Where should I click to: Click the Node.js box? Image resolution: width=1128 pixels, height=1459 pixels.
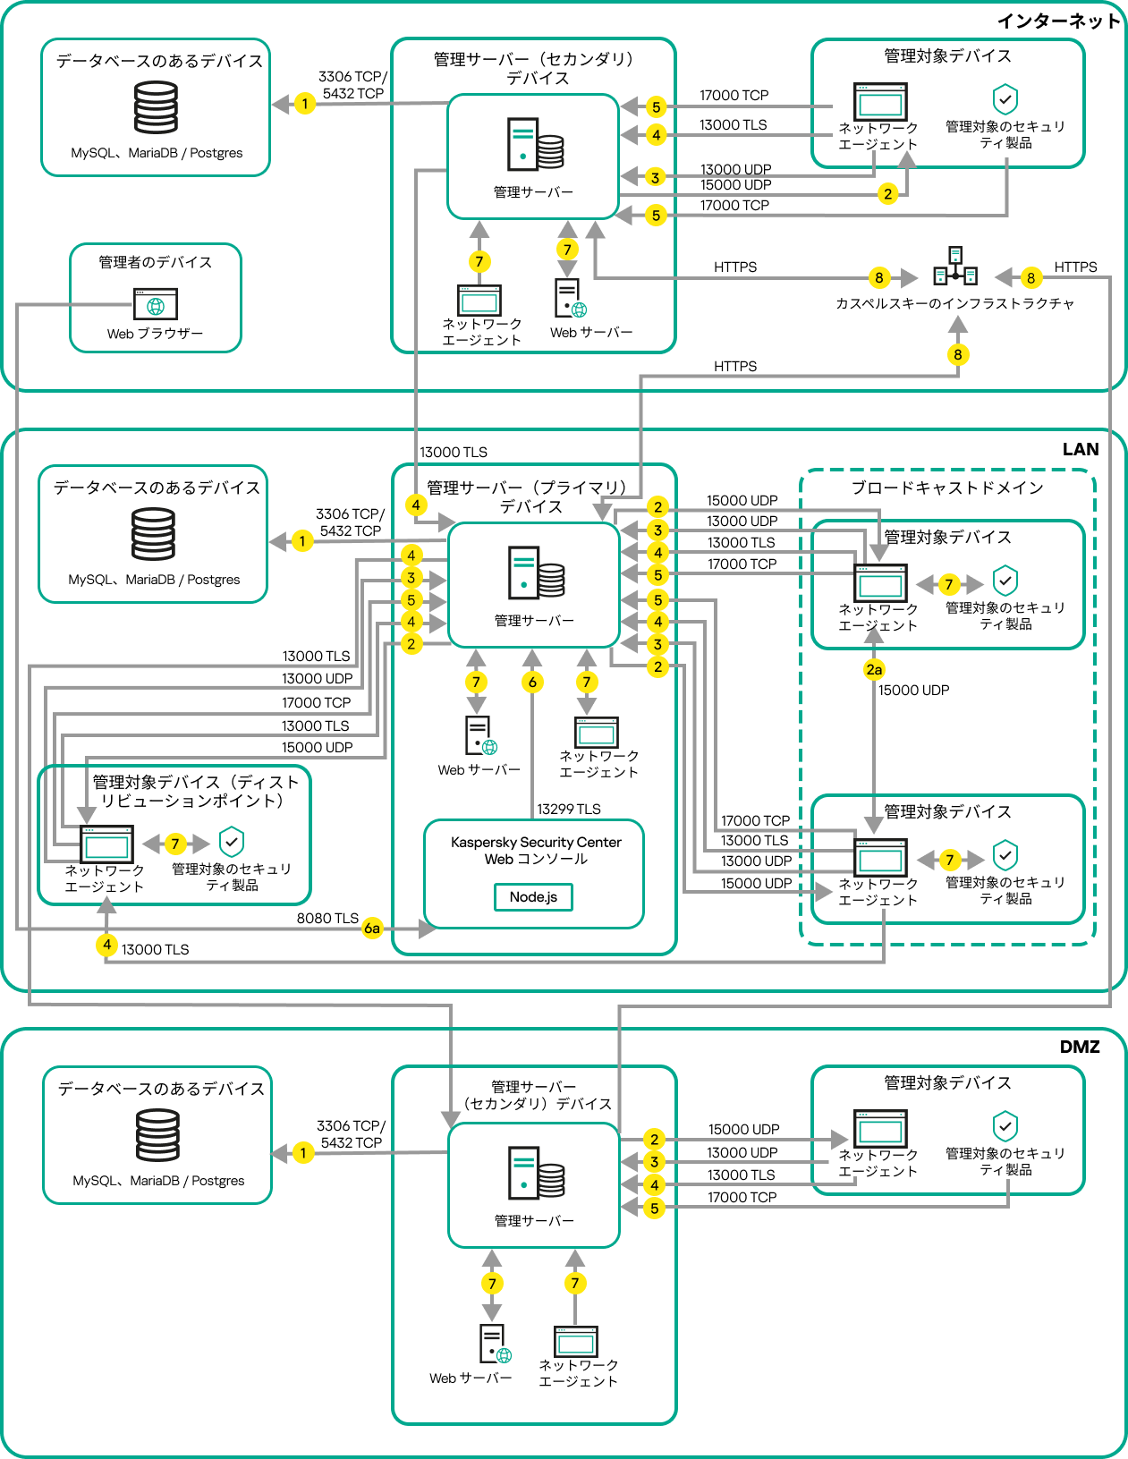533,896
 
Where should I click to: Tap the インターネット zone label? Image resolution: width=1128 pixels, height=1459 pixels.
1058,21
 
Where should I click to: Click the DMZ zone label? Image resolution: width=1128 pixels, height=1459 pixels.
1079,1047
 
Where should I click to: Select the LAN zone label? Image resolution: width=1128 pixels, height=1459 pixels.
1080,449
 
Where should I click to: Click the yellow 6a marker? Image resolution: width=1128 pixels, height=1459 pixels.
372,929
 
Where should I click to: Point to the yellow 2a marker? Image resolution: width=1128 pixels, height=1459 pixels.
874,669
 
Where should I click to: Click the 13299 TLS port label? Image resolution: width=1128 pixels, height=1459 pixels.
569,809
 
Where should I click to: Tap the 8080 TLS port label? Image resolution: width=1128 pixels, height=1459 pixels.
327,918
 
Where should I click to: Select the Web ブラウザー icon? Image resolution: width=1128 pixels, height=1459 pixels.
156,304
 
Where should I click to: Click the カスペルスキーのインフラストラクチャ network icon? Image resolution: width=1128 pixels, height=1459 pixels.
955,267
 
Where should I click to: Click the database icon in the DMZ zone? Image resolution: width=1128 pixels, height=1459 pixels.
157,1135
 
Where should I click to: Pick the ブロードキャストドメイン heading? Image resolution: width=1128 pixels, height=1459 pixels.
946,488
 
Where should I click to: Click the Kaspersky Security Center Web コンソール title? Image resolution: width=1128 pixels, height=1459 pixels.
535,850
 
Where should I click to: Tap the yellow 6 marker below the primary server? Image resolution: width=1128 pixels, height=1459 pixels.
532,682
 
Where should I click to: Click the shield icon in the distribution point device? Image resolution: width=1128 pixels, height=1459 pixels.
232,841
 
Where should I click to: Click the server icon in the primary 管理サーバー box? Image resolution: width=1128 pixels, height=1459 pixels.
536,573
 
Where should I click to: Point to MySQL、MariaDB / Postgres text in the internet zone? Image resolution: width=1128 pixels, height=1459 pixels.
157,153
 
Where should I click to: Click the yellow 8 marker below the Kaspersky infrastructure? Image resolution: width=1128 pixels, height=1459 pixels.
957,354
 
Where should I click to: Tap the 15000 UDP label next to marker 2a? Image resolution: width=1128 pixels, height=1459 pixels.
913,690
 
